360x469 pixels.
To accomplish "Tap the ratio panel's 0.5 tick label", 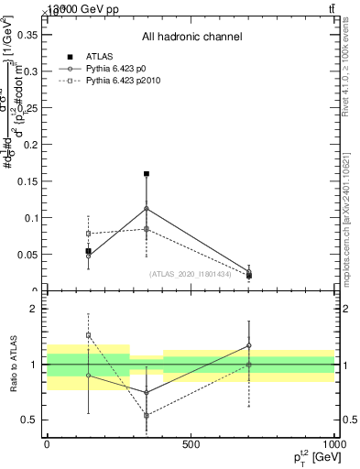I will pyautogui.click(x=31, y=420).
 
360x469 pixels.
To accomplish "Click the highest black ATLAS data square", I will pyautogui.click(x=147, y=173).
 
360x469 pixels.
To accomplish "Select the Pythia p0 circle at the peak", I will pyautogui.click(x=147, y=209).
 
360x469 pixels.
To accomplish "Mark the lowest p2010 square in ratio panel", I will pyautogui.click(x=147, y=415).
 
